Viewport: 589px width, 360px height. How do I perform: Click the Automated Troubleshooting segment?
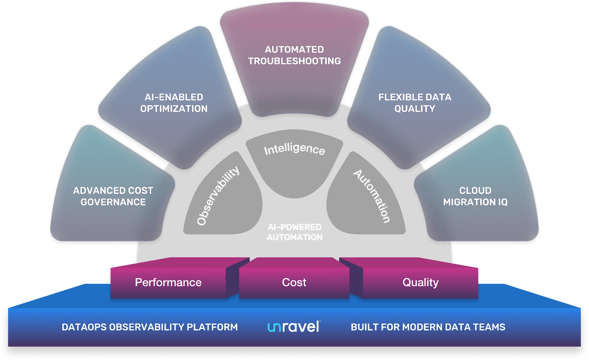pos(294,59)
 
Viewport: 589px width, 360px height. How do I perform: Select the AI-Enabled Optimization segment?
pos(173,100)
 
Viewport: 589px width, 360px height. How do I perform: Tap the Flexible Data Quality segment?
pos(416,100)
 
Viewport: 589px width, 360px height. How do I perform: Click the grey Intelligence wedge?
pos(294,163)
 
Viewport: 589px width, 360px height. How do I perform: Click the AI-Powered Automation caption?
pos(294,232)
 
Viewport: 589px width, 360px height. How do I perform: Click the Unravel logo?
pos(294,327)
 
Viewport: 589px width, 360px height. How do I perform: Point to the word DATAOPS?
pos(84,327)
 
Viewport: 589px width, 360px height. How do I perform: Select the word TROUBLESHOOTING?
pos(294,61)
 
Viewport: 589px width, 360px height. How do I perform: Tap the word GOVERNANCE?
pos(113,202)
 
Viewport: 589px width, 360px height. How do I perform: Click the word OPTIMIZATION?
pos(174,109)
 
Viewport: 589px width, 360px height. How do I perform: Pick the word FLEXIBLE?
pos(398,97)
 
